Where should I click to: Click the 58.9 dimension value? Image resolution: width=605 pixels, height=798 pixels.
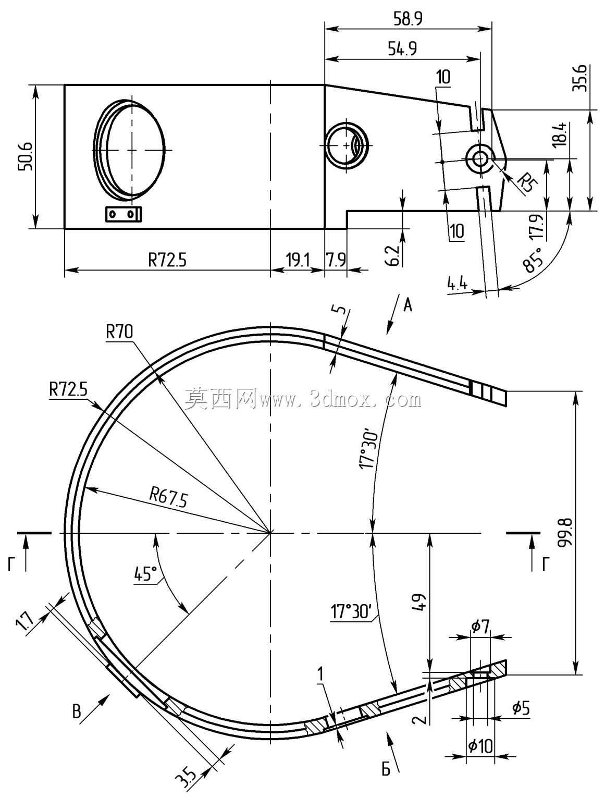tap(408, 19)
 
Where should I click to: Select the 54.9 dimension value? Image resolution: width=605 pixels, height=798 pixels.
tap(402, 48)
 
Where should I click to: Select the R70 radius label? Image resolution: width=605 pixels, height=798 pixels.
tap(119, 332)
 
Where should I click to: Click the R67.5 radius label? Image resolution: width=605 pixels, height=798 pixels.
tap(169, 497)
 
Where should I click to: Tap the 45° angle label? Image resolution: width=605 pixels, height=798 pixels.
tap(146, 573)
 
